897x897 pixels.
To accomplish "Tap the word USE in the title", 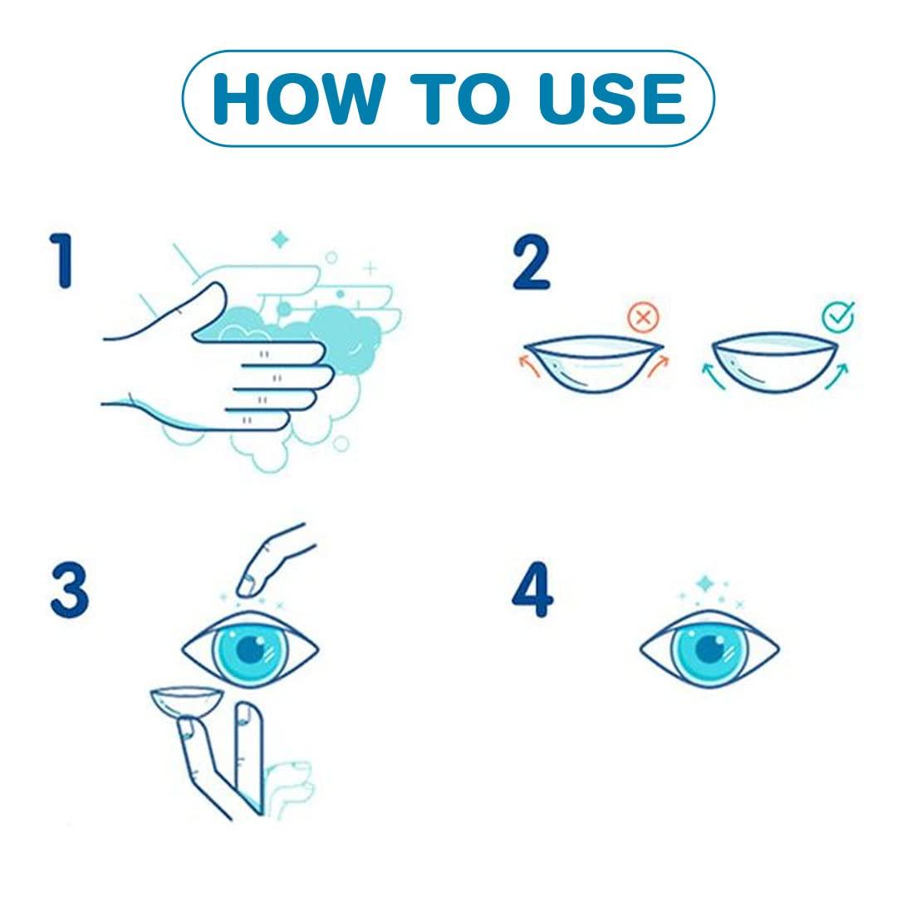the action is click(611, 98).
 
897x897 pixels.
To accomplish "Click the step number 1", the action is click(61, 260).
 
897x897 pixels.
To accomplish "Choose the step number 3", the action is click(69, 590).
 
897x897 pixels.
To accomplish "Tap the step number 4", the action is click(532, 590).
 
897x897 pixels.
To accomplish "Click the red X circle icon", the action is click(643, 317).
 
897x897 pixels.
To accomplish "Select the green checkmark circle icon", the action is click(839, 316).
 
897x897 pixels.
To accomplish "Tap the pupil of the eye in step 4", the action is click(709, 648).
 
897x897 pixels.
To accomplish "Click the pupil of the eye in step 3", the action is click(250, 649).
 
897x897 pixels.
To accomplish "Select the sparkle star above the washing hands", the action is click(280, 240).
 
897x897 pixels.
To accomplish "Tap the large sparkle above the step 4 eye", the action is click(705, 584).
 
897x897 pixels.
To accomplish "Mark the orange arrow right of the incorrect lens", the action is click(658, 365).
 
